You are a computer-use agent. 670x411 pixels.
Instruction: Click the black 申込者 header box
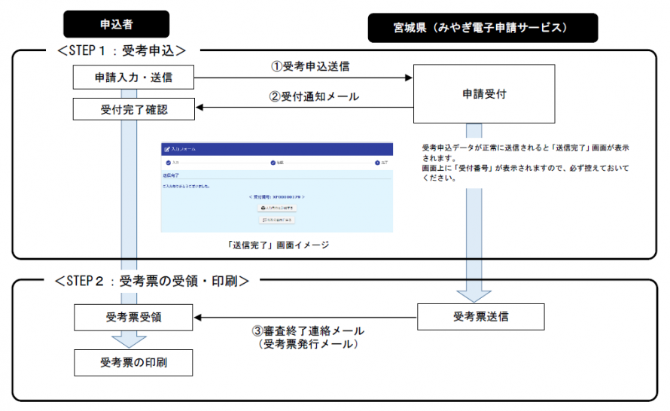coord(117,24)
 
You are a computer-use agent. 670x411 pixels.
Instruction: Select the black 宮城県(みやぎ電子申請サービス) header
coord(483,27)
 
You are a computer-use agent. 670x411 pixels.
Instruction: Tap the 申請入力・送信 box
coord(133,77)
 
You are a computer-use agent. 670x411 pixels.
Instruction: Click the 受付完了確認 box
coord(133,109)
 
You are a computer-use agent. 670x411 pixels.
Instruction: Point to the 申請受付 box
coord(483,95)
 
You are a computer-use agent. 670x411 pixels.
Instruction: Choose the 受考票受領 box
coord(133,317)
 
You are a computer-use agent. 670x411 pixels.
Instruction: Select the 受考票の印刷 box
coord(133,362)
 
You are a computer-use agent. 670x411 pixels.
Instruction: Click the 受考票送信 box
coord(480,317)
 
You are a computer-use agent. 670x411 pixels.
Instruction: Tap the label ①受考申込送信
coord(310,65)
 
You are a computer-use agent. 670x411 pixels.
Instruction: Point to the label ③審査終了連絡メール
coord(307,330)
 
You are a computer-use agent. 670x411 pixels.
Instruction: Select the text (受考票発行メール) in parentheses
coord(307,344)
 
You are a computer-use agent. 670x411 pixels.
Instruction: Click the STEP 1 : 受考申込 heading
coord(121,50)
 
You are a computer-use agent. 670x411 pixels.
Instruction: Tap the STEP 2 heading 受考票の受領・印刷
coord(151,281)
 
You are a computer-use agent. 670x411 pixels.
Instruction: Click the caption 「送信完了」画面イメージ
coord(276,245)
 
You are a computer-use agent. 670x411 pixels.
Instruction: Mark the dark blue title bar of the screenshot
coord(276,149)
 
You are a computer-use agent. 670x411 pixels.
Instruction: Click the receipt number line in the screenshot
coord(276,196)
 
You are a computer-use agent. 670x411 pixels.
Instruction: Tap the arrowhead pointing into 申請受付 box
coord(409,77)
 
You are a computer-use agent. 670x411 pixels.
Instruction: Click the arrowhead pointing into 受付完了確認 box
coord(200,109)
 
